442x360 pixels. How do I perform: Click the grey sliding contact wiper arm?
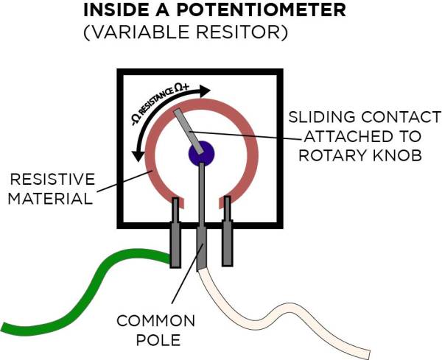click(188, 129)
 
